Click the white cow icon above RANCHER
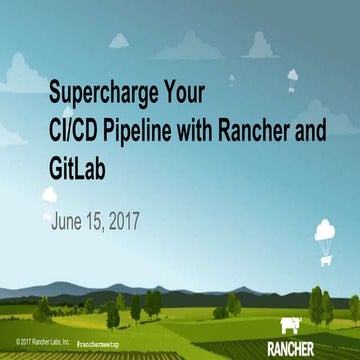[x=293, y=326]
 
